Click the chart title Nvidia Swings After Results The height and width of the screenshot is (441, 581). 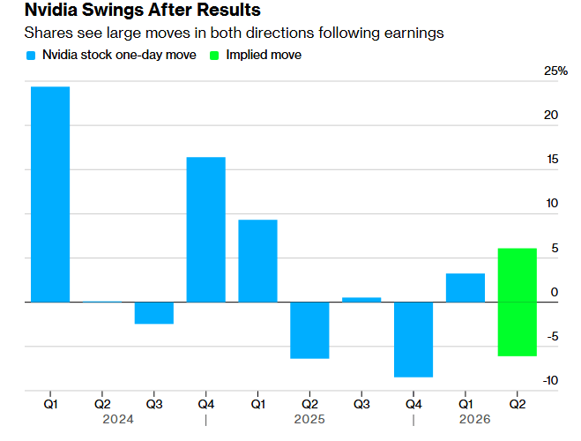tap(130, 11)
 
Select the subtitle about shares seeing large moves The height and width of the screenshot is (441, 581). tap(234, 34)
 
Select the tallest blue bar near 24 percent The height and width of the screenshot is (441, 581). tap(50, 194)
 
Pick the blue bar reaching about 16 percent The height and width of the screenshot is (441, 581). tap(205, 229)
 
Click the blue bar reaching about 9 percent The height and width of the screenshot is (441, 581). tap(257, 260)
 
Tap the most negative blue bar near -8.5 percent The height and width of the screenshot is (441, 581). tap(413, 340)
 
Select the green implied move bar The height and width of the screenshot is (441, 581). tap(518, 302)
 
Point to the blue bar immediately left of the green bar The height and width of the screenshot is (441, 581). tap(466, 288)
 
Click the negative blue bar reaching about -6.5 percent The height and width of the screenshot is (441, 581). tap(309, 330)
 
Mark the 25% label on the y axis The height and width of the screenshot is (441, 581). tap(555, 71)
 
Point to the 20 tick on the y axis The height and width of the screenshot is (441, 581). tap(551, 116)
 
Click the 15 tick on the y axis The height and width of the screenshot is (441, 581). tap(551, 160)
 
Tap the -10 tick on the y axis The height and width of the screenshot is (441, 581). tap(549, 381)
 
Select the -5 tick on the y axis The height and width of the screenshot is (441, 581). tap(552, 337)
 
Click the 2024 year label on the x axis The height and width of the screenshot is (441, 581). tap(119, 420)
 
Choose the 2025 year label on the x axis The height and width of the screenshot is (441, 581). tap(309, 420)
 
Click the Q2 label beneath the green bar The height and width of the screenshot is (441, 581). tap(518, 404)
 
